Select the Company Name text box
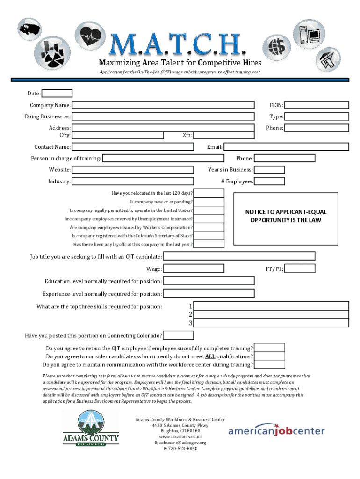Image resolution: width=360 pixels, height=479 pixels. point(163,105)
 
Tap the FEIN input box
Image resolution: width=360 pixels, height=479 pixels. point(317,105)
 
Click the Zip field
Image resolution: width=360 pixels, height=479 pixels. point(224,135)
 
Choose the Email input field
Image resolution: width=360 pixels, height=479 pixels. point(286,147)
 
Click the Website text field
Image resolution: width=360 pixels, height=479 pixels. point(133,170)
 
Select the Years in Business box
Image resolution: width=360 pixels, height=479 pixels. point(269,170)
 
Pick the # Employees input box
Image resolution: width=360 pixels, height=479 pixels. point(269,181)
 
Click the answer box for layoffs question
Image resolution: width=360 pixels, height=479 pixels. point(209,244)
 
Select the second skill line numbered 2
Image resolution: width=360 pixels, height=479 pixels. point(271,314)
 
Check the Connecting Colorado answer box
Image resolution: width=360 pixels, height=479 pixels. point(178,335)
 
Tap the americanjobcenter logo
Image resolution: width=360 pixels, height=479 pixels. point(276,430)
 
